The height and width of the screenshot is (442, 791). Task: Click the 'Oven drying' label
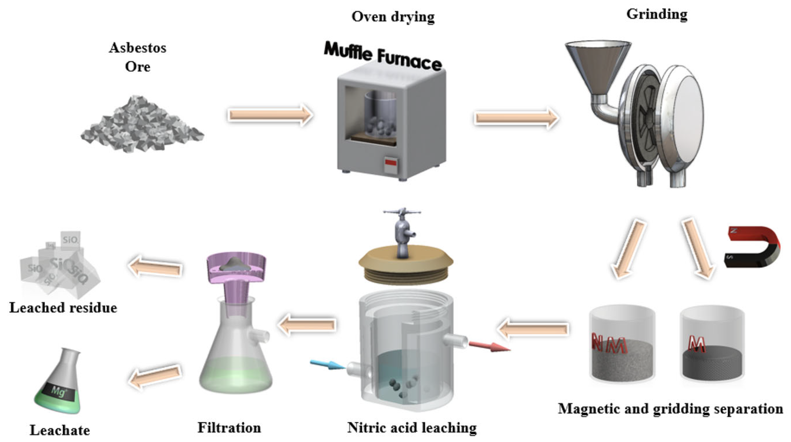coord(393,17)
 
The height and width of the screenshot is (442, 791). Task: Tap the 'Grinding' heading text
coord(656,14)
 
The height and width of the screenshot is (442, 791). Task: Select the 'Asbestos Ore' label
coord(138,57)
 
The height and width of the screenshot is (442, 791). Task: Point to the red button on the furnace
coord(391,162)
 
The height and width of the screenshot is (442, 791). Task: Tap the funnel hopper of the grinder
coord(597,65)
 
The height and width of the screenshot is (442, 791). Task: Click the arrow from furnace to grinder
coord(516,118)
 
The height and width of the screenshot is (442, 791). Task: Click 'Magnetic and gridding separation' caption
coord(670,409)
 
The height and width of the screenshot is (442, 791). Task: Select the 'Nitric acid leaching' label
coord(412,428)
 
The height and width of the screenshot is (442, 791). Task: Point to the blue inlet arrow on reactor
coord(327,365)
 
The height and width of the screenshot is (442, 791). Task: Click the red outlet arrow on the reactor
coord(489,346)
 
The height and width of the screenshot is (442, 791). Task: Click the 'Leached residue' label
coord(63,308)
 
